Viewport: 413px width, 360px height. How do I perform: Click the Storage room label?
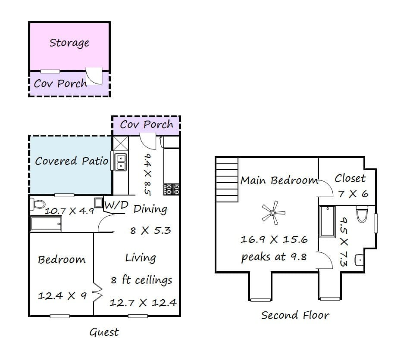click(69, 43)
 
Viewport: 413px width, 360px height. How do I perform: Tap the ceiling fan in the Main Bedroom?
click(273, 213)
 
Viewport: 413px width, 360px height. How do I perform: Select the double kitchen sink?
click(121, 162)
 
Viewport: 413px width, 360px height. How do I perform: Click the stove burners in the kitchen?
click(172, 189)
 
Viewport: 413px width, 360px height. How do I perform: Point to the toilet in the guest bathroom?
click(38, 204)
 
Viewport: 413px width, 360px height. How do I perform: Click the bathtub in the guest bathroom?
click(46, 223)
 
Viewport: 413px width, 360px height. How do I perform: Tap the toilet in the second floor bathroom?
click(362, 214)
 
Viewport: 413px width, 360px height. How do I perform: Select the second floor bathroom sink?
click(359, 260)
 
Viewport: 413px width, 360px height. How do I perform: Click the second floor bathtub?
click(327, 222)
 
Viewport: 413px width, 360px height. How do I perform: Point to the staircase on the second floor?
click(227, 180)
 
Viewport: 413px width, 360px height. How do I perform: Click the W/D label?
click(116, 205)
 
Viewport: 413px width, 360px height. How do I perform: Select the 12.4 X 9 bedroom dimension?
click(62, 296)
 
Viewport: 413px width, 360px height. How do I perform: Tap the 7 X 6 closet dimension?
click(353, 194)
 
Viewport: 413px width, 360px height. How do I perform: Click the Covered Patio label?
click(72, 161)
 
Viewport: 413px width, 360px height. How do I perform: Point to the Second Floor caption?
click(295, 315)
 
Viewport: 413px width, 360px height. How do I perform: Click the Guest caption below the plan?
click(104, 332)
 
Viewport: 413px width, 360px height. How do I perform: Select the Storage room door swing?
click(94, 76)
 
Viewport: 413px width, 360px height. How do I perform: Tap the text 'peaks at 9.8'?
click(274, 257)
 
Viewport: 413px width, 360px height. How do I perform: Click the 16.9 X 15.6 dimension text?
click(274, 239)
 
